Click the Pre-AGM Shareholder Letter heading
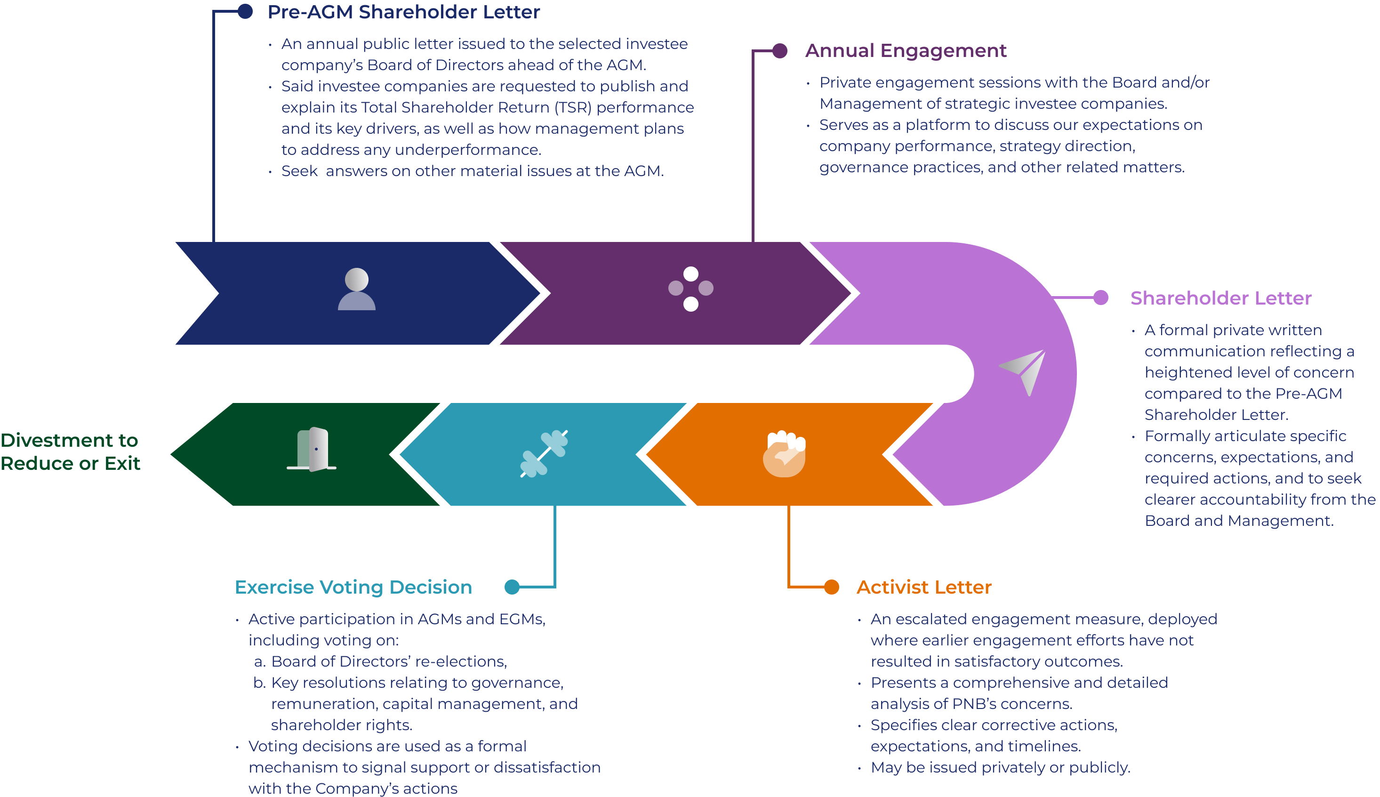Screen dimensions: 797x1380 tap(403, 12)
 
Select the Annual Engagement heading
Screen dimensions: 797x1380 tap(905, 51)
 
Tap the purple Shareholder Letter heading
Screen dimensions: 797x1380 tap(1220, 298)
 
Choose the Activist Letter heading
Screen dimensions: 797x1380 tap(923, 588)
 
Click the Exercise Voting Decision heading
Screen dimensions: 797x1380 tap(353, 588)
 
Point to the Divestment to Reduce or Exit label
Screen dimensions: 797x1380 tap(70, 451)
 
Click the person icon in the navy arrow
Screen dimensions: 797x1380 tap(357, 290)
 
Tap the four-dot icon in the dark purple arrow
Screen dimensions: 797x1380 tap(690, 289)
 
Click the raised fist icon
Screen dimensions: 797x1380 tap(785, 454)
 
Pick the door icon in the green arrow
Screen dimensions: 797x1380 tap(312, 450)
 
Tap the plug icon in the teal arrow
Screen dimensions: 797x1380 tap(544, 454)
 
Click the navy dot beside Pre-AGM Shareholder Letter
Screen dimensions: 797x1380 tap(245, 11)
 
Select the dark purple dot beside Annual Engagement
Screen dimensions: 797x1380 tap(780, 51)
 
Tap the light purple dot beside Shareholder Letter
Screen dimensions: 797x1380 tap(1100, 298)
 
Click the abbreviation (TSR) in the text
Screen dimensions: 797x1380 tap(573, 108)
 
